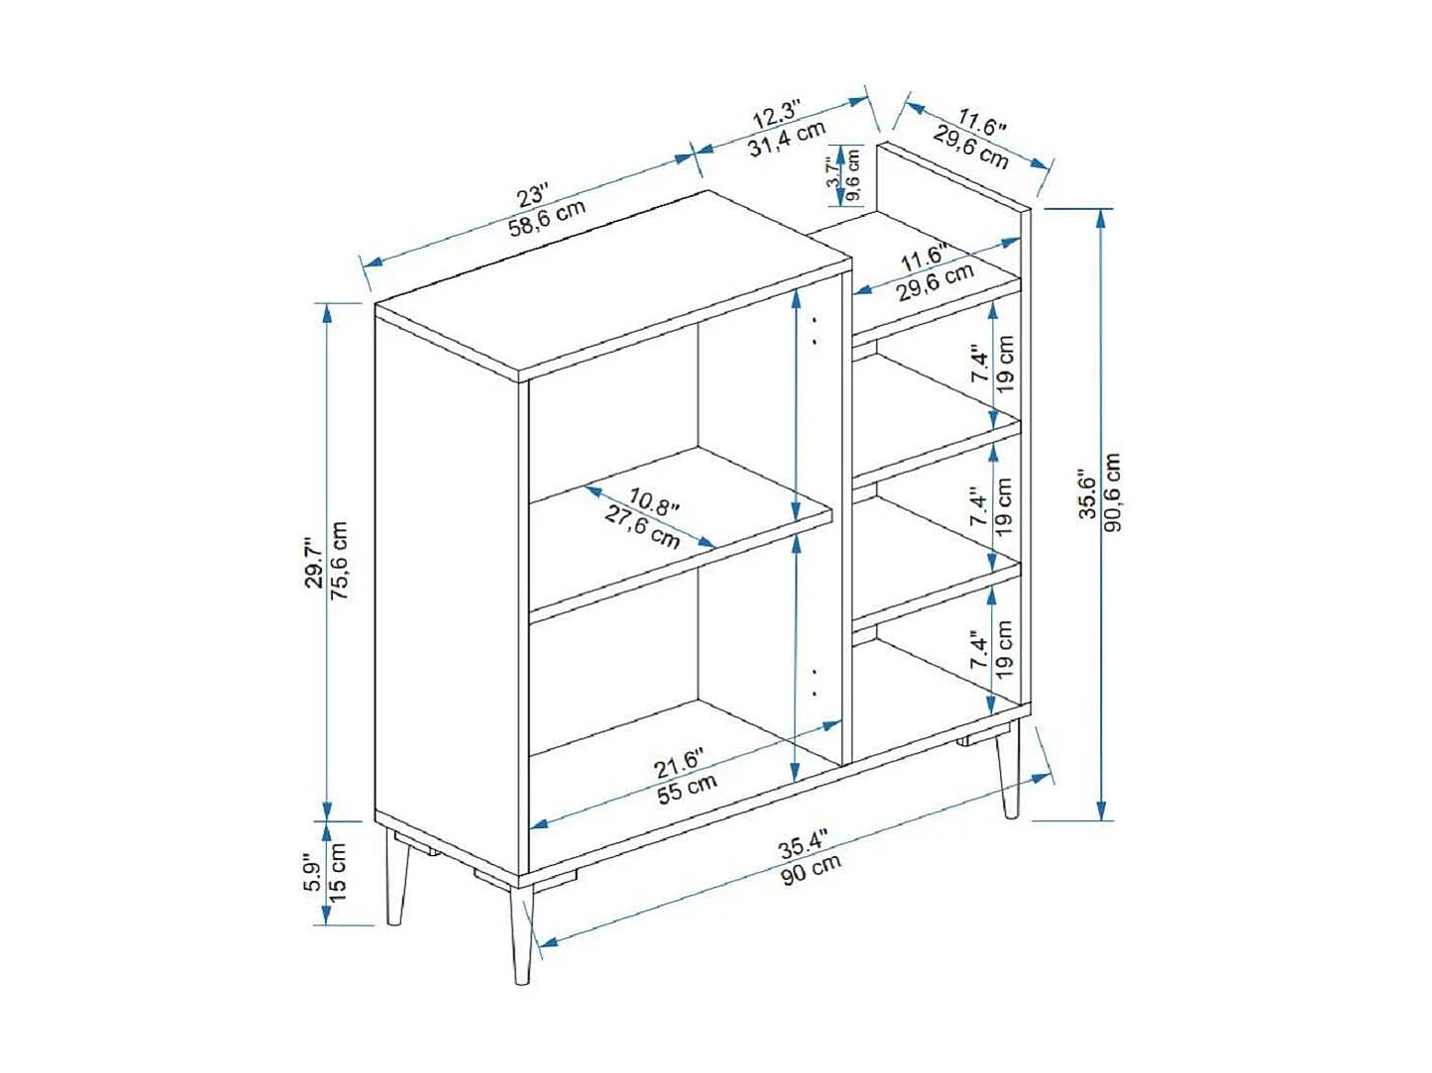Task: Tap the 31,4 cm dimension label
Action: click(787, 139)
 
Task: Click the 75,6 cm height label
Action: click(339, 561)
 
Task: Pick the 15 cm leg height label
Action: click(337, 873)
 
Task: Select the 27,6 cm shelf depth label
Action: click(642, 527)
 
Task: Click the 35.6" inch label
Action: click(1087, 493)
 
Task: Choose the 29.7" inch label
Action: click(314, 563)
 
